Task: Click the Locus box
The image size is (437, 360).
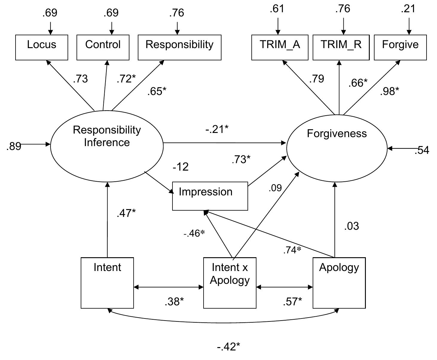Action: click(x=42, y=47)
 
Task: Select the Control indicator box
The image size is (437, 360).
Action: click(x=103, y=47)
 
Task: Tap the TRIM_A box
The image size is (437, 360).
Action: click(x=280, y=47)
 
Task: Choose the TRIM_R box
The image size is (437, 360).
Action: click(x=341, y=47)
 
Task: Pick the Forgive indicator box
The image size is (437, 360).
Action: click(x=400, y=47)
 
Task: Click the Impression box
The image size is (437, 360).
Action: click(x=210, y=196)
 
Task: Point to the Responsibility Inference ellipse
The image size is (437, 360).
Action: click(x=107, y=146)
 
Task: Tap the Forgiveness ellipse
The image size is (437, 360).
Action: click(x=337, y=148)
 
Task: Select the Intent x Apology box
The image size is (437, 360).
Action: click(x=230, y=283)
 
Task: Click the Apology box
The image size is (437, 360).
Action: click(x=339, y=283)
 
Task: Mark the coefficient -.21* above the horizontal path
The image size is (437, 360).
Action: click(x=217, y=129)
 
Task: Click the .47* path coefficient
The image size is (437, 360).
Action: click(x=126, y=213)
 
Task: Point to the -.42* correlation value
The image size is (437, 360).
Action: click(x=228, y=347)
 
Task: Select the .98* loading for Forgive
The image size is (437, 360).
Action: click(x=389, y=91)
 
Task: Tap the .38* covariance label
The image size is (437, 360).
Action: click(x=174, y=302)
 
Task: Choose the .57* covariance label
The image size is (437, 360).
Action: click(x=292, y=302)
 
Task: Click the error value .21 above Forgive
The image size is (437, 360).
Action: click(x=408, y=9)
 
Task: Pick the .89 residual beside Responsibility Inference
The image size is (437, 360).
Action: click(x=13, y=146)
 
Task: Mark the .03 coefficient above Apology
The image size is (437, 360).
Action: click(x=351, y=226)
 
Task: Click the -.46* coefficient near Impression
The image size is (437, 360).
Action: click(x=194, y=233)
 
